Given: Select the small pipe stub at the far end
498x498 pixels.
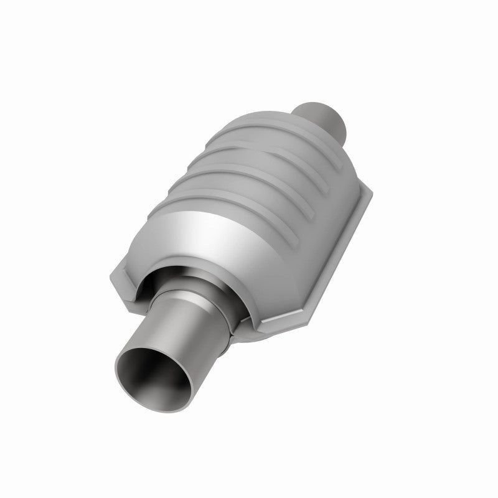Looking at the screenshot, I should coord(324,118).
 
